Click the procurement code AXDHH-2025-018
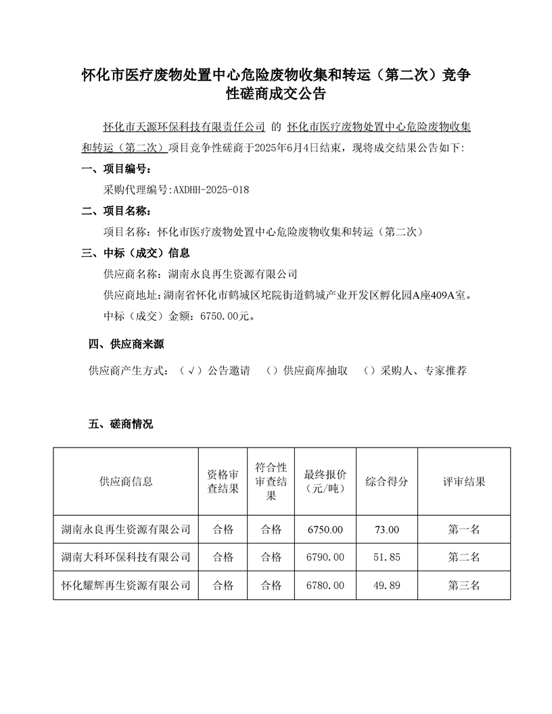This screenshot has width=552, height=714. [211, 190]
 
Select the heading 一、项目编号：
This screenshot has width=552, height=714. [116, 169]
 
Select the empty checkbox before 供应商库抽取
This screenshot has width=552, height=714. [272, 371]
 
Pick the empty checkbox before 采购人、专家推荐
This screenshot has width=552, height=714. [369, 371]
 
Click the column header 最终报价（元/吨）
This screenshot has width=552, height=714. [325, 481]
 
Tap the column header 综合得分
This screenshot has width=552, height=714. [387, 481]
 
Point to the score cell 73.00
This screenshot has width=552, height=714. [387, 529]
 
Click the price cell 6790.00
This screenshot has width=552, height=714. [325, 557]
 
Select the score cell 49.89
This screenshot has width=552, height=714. [387, 585]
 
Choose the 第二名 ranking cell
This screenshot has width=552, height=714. [464, 557]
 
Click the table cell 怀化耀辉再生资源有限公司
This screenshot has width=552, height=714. [126, 585]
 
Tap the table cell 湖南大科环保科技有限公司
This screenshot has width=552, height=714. [126, 557]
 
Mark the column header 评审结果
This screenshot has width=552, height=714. [464, 481]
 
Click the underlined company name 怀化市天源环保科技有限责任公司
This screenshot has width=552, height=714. [183, 126]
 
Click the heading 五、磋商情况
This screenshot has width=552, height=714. [121, 425]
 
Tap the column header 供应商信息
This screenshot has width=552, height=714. [126, 481]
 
